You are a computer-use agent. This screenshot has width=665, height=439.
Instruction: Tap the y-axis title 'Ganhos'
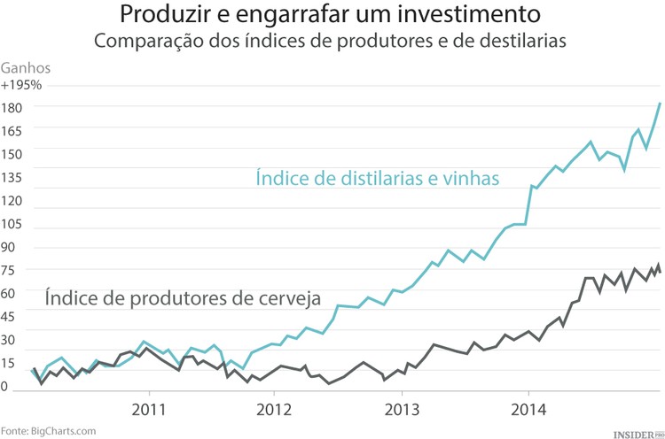27,67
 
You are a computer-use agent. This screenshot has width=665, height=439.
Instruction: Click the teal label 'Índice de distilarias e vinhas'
379,178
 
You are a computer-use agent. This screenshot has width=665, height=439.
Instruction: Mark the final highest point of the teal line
660,104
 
